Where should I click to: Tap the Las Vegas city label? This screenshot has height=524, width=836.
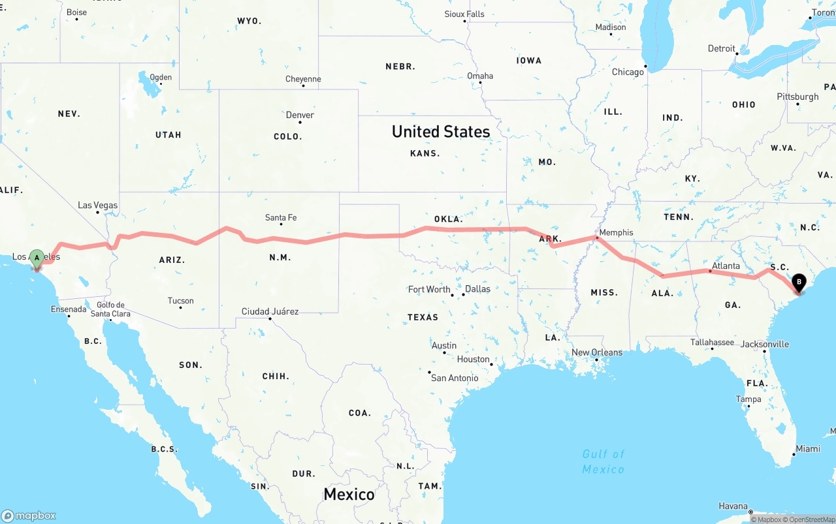click(x=98, y=205)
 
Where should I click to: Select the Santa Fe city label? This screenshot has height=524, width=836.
click(x=281, y=217)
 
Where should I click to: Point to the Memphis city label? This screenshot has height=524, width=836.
click(x=616, y=232)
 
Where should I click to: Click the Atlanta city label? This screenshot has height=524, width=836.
click(x=726, y=266)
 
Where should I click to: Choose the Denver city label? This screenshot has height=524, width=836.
click(x=300, y=115)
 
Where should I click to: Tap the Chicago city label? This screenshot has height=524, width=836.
click(x=628, y=72)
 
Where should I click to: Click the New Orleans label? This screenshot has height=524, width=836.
click(x=597, y=352)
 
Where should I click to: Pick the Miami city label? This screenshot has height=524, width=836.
click(x=808, y=448)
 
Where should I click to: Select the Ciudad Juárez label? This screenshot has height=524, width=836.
click(x=270, y=311)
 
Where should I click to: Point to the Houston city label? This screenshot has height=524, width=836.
click(x=473, y=359)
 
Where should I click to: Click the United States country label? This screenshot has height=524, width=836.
click(x=441, y=132)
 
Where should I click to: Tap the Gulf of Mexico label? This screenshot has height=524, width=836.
click(x=603, y=461)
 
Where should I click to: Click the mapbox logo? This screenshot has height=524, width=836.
click(x=29, y=516)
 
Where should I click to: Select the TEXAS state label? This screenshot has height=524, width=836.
click(x=423, y=317)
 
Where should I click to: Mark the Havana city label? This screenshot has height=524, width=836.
click(x=733, y=506)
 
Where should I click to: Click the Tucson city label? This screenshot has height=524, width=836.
click(x=180, y=301)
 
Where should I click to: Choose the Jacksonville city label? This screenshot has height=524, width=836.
click(x=765, y=344)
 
